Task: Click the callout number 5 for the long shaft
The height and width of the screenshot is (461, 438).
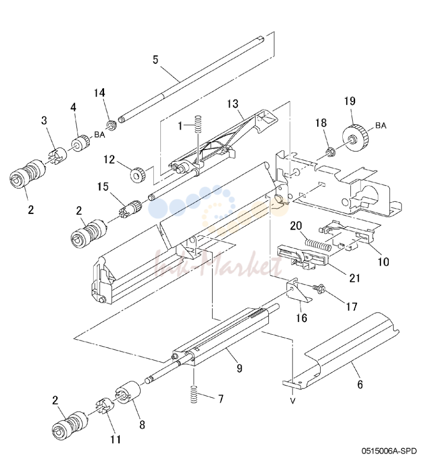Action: click(x=155, y=60)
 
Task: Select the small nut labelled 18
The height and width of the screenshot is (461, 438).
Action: click(x=329, y=152)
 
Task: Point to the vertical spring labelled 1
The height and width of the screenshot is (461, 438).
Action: click(x=199, y=124)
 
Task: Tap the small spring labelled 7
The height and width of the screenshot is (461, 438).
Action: click(x=193, y=394)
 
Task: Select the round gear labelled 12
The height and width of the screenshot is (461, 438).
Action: click(x=138, y=175)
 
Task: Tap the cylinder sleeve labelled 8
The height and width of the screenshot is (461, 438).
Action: click(x=127, y=392)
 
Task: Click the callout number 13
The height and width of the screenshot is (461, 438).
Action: click(x=232, y=104)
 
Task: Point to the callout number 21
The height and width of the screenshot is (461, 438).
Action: click(x=355, y=278)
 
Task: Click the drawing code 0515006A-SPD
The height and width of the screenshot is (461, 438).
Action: click(x=389, y=451)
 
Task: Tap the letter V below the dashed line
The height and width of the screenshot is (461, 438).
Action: click(x=292, y=401)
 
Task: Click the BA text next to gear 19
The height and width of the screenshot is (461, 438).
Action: click(x=381, y=126)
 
